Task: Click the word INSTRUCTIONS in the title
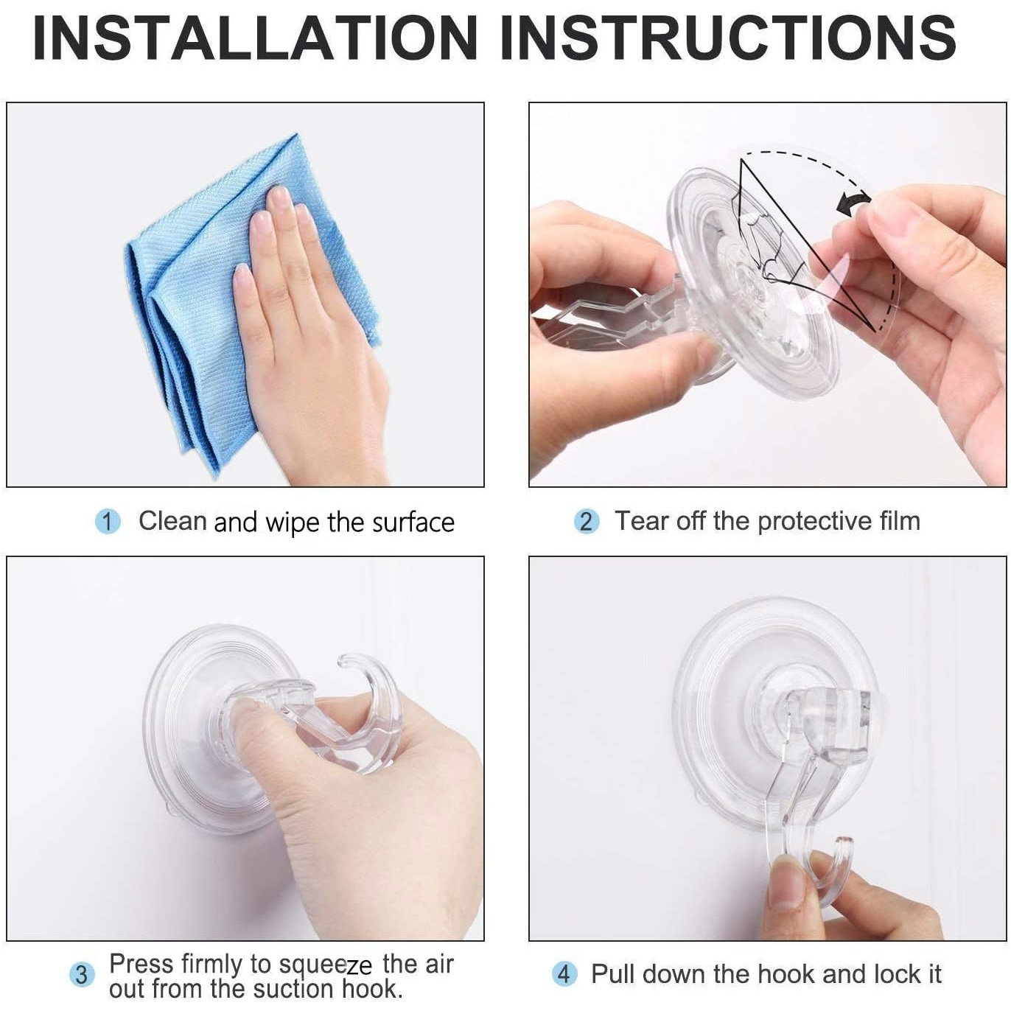[727, 38]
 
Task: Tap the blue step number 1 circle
[108, 522]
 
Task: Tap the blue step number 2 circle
[586, 522]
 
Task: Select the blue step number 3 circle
[82, 975]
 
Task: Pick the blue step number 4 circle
[564, 974]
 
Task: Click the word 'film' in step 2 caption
[900, 521]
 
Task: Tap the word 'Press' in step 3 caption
[141, 963]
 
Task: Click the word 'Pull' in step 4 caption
[613, 974]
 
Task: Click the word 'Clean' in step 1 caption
[172, 521]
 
